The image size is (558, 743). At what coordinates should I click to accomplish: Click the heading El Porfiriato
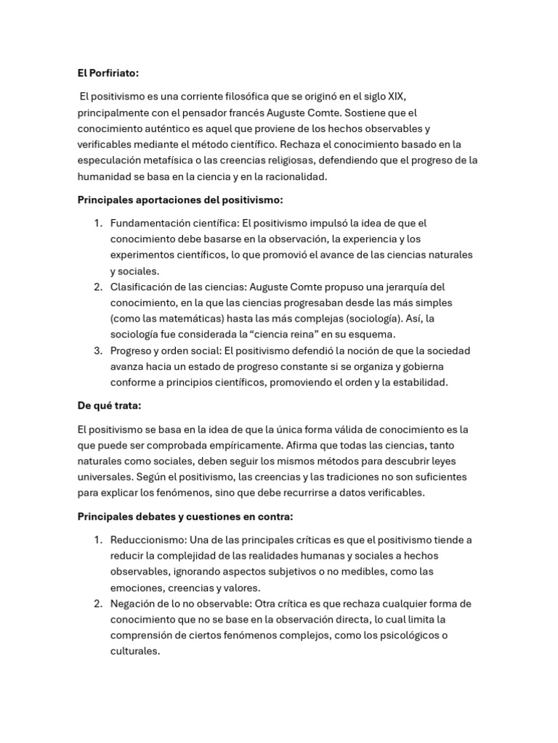108,73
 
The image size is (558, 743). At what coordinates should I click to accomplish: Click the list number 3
98,350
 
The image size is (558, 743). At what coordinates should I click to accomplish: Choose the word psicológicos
397,636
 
